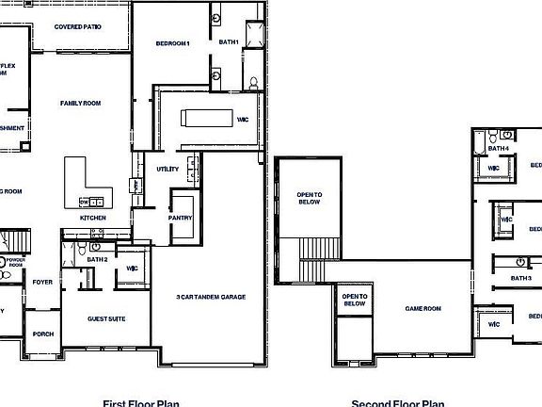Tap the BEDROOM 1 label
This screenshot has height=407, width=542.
173,43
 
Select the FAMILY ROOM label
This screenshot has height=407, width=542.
80,103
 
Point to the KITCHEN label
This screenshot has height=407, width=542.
93,218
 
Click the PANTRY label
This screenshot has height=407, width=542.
181,218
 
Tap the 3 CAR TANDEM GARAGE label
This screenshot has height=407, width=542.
211,297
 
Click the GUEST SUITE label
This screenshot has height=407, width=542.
106,318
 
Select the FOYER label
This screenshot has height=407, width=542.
42,282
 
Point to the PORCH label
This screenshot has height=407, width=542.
42,334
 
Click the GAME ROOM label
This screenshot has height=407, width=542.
422,308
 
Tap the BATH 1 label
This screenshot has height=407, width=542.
229,42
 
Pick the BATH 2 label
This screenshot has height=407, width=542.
99,259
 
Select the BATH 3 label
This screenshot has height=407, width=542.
521,278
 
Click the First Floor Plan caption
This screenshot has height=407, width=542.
141,402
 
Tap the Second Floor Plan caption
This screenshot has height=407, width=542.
398,402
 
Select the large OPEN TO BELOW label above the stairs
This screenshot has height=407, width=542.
310,198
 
